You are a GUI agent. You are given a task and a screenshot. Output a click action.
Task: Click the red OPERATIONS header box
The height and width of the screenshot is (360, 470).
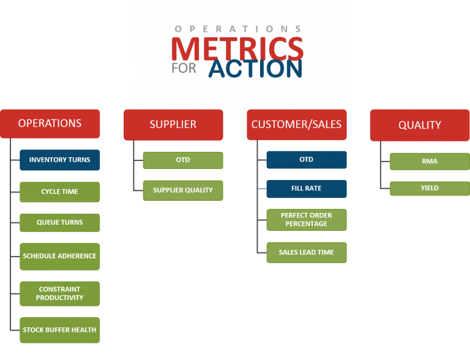50,123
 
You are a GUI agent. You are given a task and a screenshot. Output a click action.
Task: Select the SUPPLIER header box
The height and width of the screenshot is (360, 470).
173,124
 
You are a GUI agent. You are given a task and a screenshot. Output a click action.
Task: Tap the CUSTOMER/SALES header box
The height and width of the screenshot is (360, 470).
296,124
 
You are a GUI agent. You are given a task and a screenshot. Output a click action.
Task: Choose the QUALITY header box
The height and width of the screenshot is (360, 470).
419,125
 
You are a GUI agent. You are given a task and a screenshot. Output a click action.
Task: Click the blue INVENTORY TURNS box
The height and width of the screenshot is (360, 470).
59,160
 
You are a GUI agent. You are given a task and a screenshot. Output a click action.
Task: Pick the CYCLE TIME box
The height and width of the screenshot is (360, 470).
59,192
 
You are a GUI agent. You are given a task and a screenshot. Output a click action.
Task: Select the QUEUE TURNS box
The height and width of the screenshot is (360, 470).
59,222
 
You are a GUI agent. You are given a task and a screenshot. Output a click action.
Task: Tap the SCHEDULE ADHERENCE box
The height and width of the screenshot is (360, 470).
59,256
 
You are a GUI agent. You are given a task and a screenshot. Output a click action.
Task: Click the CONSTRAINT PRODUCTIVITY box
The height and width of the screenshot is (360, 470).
59,293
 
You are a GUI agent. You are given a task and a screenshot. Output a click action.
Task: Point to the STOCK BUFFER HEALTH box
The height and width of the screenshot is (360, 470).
59,329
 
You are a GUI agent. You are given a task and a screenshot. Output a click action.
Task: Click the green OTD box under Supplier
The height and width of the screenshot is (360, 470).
182,160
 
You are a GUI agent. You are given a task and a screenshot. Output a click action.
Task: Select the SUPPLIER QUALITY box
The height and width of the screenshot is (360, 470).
182,190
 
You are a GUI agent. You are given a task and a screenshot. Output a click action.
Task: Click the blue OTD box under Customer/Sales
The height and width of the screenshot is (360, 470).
306,159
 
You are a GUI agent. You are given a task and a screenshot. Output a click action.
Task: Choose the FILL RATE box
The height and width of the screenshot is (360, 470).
306,189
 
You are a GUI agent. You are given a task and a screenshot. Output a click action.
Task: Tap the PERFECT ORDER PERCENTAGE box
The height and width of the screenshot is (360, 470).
306,220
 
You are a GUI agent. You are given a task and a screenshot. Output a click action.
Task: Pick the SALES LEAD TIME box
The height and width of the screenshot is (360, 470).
306,252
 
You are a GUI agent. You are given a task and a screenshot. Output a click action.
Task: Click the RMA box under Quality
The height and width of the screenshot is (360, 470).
430,162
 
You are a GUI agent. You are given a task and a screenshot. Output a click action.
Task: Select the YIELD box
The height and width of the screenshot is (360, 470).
430,188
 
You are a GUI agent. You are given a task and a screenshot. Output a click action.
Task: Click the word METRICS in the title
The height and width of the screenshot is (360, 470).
237,49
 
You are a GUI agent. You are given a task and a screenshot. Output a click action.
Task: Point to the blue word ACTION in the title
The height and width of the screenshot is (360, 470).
255,68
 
